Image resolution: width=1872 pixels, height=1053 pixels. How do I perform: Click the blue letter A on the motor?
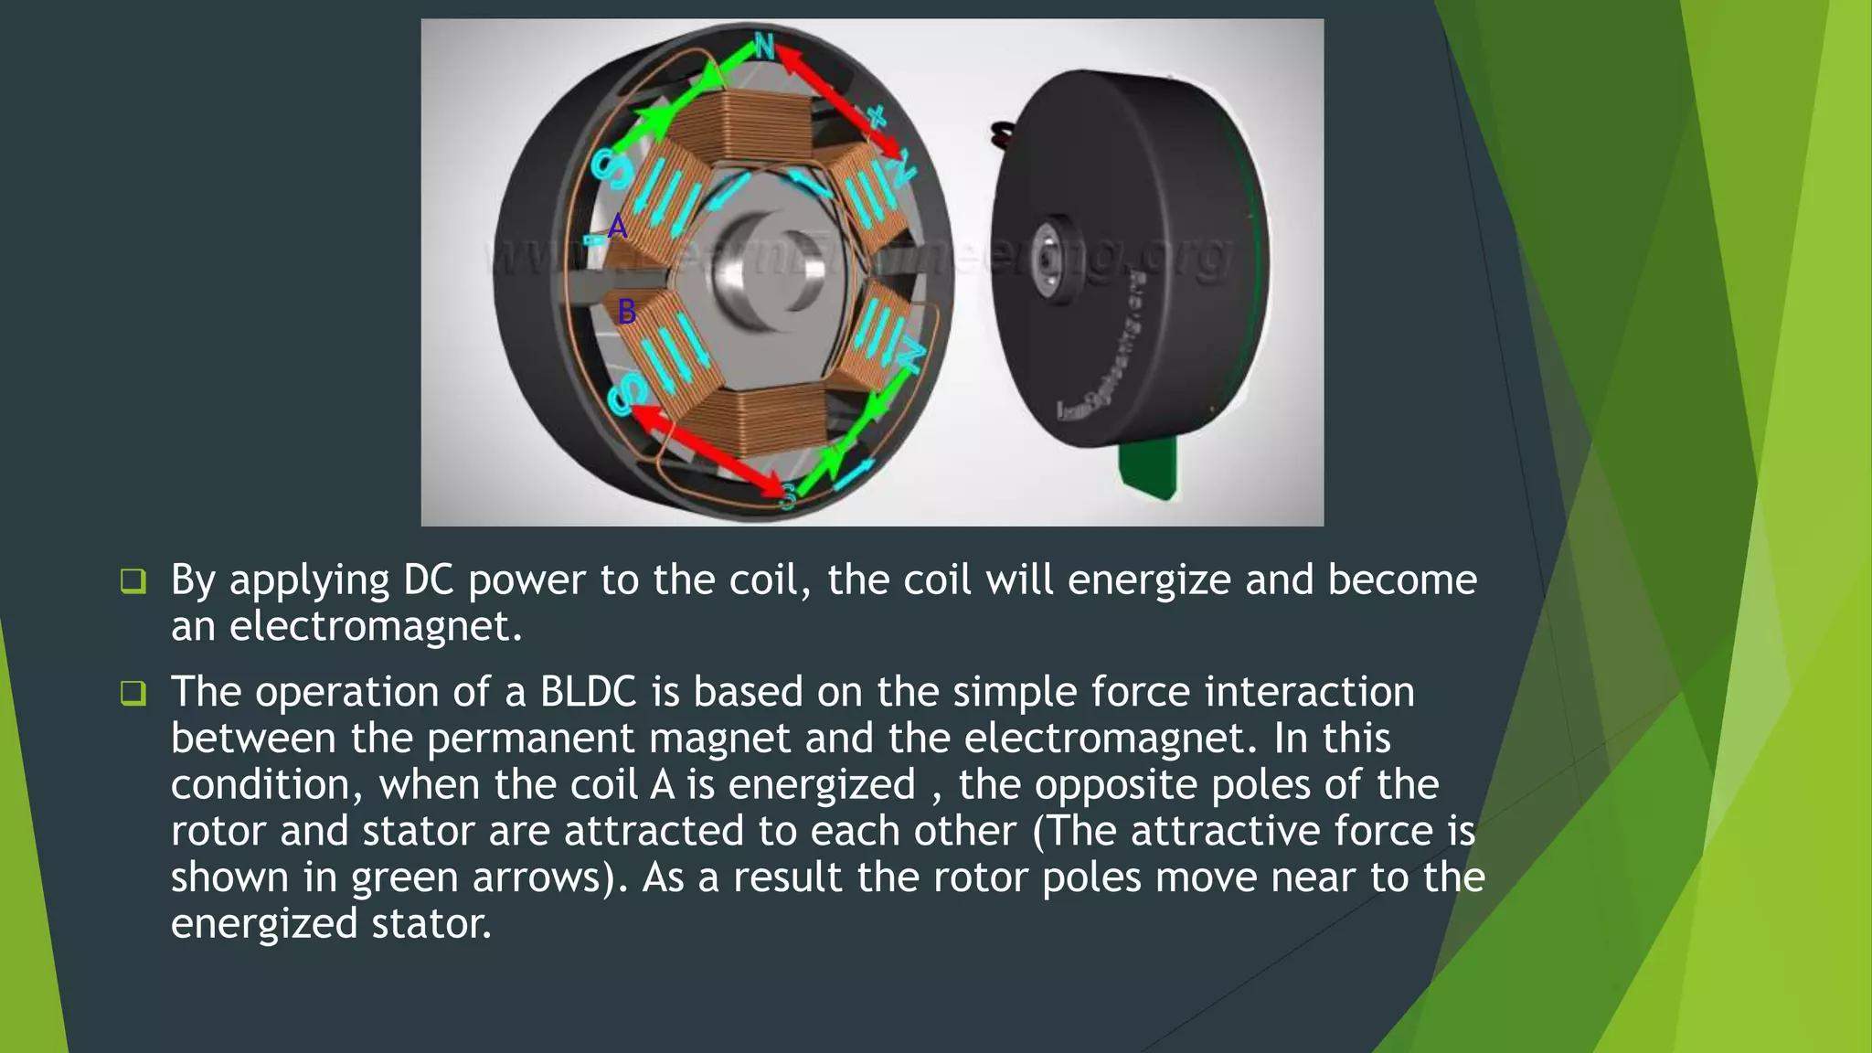(618, 226)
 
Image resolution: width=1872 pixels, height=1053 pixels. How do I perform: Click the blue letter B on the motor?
(626, 312)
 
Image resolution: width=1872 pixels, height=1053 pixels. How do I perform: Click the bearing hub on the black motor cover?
(1046, 254)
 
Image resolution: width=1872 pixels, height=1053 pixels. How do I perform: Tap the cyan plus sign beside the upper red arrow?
(877, 116)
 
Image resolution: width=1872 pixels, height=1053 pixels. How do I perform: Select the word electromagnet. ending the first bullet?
(376, 627)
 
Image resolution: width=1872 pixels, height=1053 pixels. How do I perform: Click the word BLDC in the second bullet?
(588, 692)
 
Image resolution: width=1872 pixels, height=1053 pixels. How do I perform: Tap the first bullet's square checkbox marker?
(133, 581)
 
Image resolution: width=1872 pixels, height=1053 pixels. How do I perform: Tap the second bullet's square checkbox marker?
(133, 693)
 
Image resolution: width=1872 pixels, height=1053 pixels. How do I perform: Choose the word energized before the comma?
(821, 785)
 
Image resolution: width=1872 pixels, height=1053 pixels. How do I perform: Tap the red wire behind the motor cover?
(1003, 136)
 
